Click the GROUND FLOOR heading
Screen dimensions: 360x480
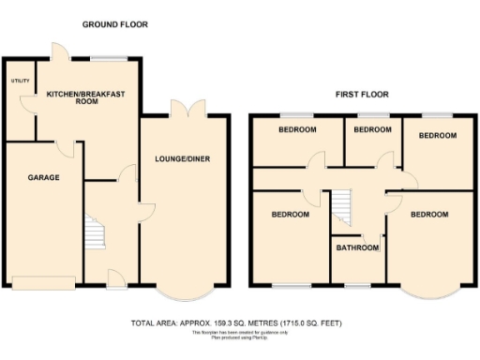(x=114, y=23)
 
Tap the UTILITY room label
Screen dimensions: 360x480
(x=20, y=82)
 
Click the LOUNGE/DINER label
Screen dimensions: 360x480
(x=182, y=159)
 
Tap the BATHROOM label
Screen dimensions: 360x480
(x=358, y=248)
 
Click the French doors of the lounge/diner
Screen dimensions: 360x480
(x=192, y=110)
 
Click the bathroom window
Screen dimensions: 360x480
(x=357, y=283)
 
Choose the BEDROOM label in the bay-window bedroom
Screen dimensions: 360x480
(x=428, y=215)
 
